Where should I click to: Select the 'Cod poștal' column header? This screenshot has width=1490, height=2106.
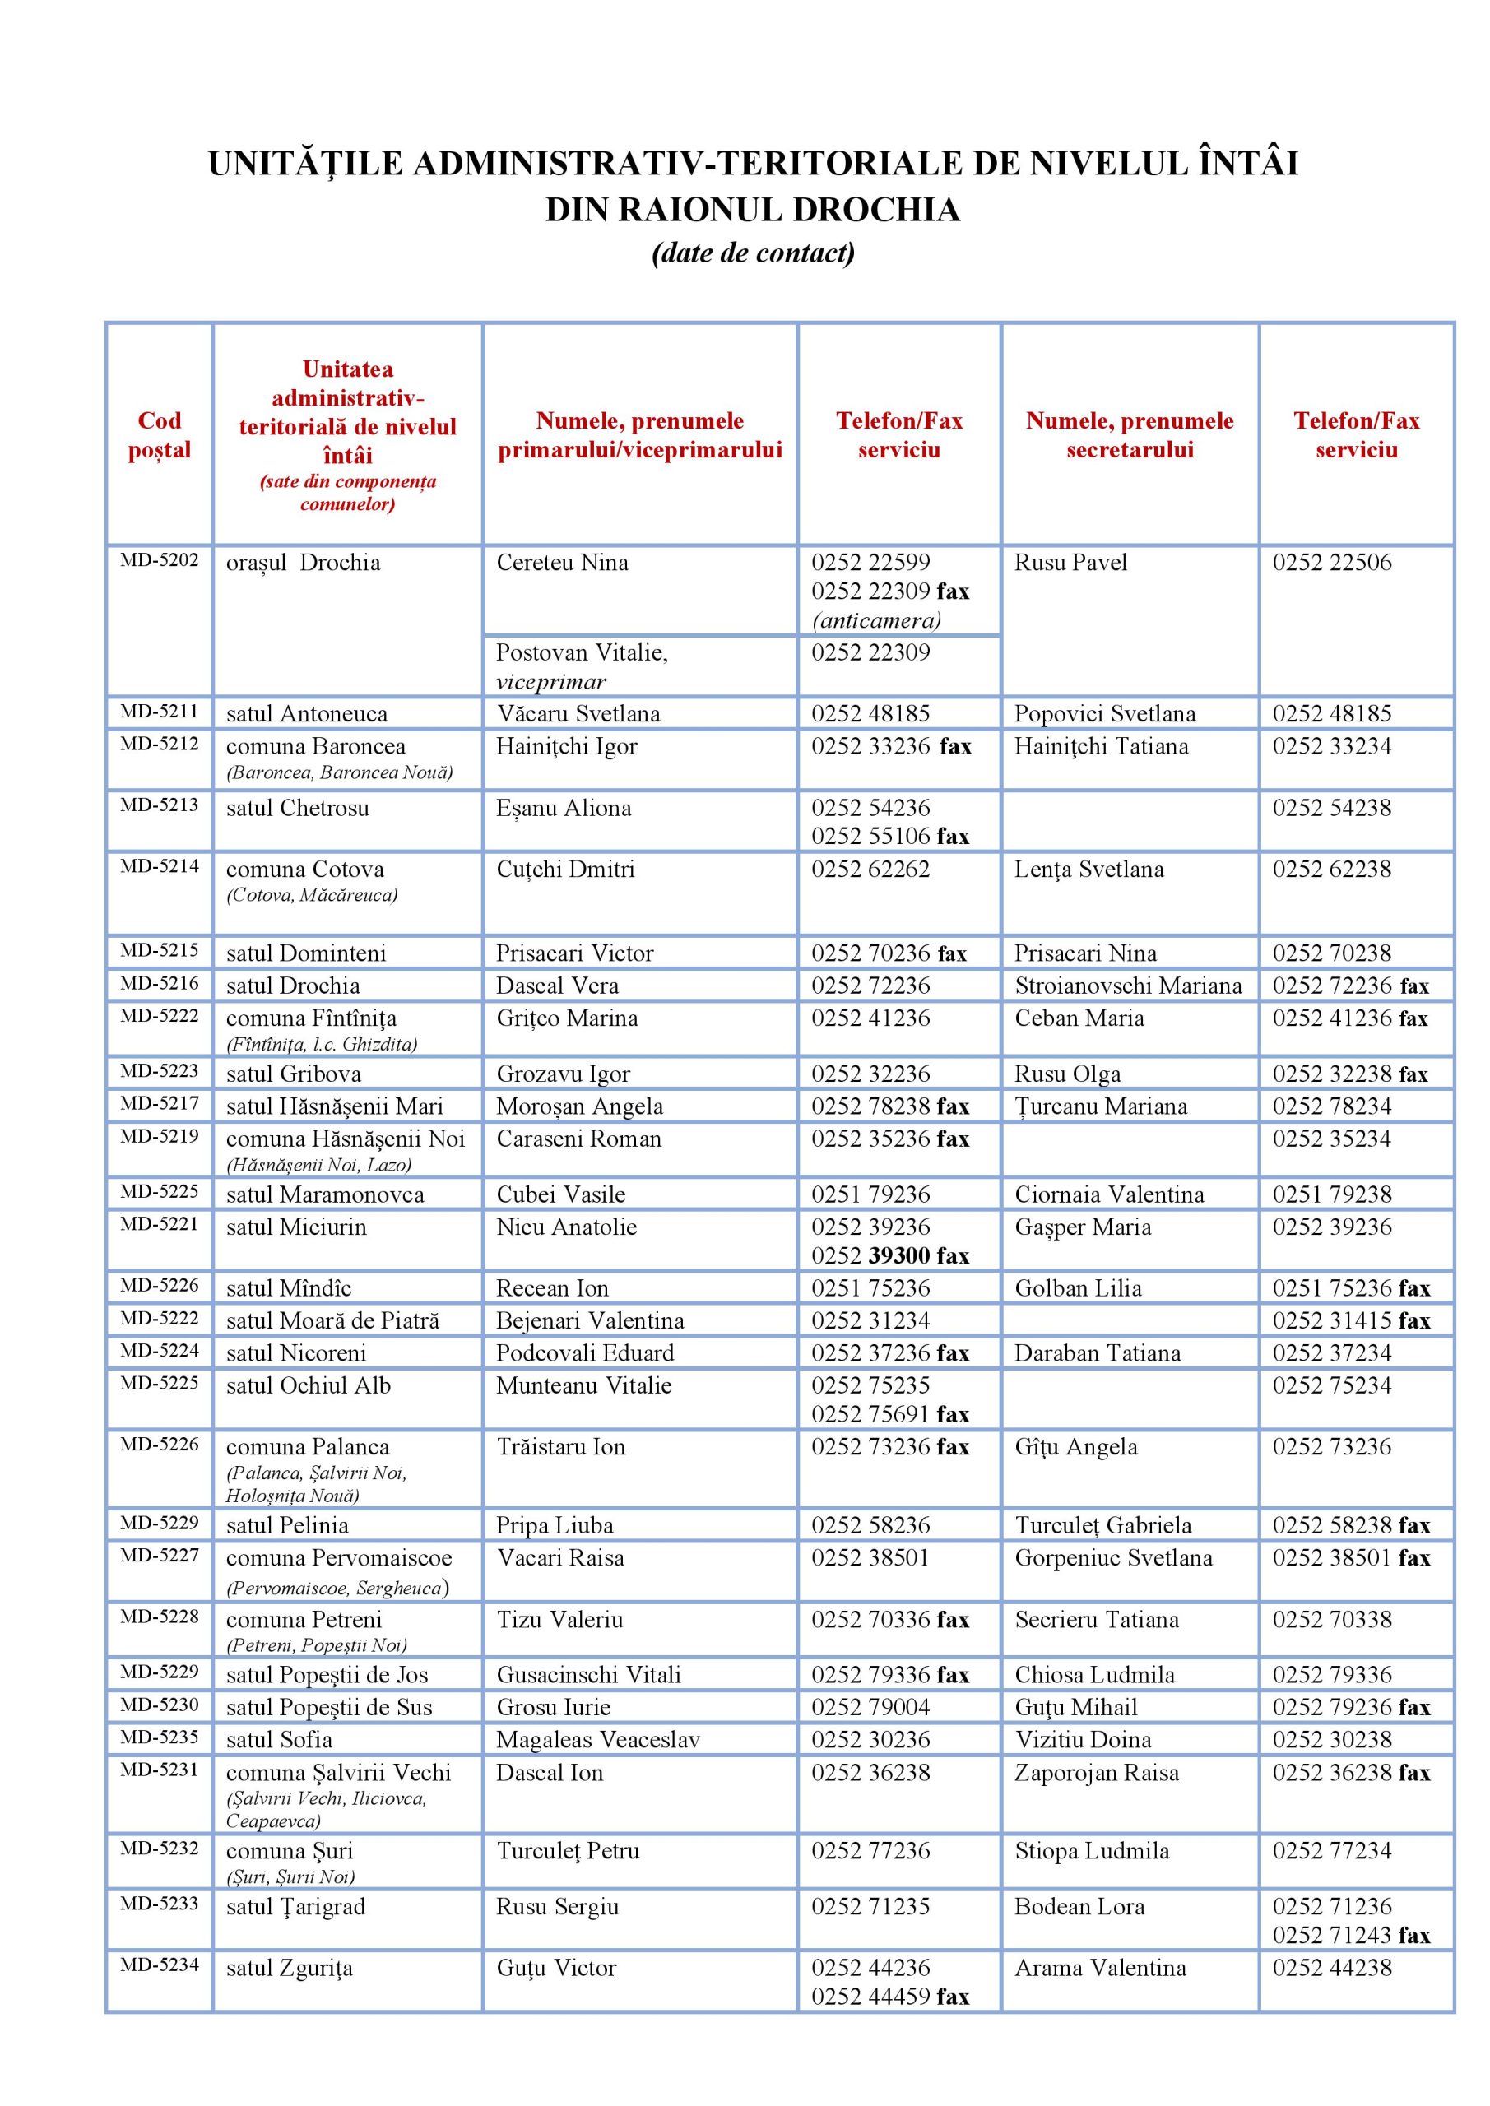pos(160,435)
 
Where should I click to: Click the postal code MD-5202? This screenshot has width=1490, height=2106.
pos(159,560)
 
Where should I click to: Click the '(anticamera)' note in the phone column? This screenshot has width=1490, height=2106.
pos(876,621)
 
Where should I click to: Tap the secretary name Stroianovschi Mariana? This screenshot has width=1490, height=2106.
pos(1128,986)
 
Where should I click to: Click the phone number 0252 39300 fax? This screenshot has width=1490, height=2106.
pos(889,1255)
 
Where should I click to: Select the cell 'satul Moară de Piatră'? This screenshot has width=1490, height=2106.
pos(332,1321)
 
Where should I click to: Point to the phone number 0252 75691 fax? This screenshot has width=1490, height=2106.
pos(889,1414)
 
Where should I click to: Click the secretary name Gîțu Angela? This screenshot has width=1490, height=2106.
pos(1075,1447)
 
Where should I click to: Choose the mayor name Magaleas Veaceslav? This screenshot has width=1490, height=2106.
pos(597,1740)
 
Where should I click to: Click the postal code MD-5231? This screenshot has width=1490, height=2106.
pos(159,1770)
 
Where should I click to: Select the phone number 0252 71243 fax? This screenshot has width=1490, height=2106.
pos(1350,1936)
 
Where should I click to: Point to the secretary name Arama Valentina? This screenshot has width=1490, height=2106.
pos(1099,1968)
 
